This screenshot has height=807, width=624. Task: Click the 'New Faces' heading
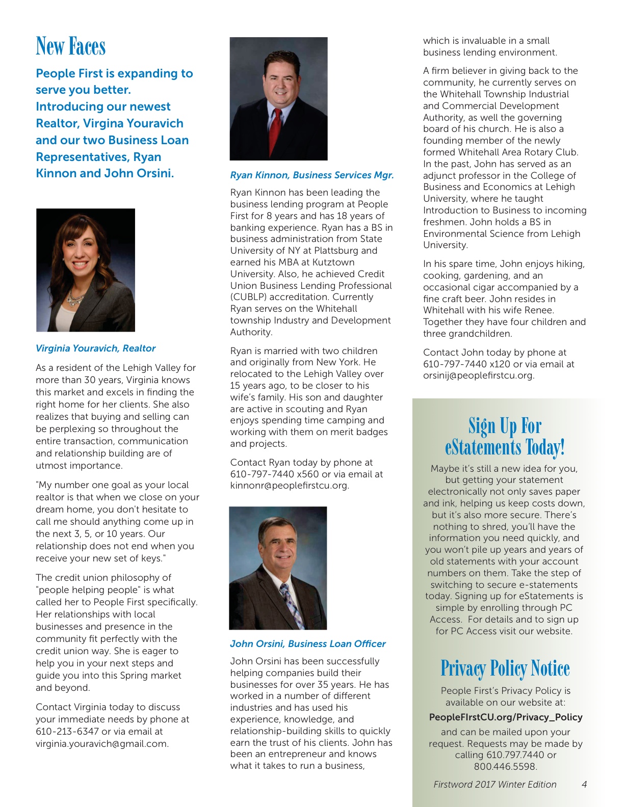click(71, 46)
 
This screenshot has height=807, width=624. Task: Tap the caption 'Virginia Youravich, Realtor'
click(95, 348)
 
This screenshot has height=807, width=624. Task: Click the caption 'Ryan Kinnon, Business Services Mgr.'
click(311, 175)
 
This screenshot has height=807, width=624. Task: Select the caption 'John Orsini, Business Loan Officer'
click(307, 644)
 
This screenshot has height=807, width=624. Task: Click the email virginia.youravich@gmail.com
click(101, 743)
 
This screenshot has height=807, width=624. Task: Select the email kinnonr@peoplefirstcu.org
click(289, 486)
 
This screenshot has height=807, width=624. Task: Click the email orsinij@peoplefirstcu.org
click(478, 376)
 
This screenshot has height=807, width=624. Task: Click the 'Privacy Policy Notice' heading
click(505, 668)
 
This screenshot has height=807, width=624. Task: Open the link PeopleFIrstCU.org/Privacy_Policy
click(506, 717)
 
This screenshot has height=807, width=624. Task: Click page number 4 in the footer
click(584, 785)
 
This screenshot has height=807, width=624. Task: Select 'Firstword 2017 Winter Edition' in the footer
click(495, 785)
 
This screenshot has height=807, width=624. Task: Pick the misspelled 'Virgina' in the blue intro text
click(103, 123)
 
